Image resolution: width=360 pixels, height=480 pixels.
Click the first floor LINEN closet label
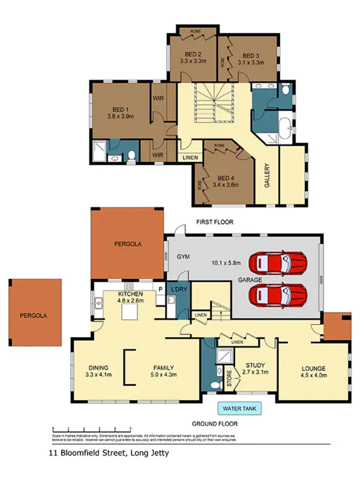point(189,157)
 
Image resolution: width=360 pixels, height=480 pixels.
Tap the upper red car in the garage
point(277,262)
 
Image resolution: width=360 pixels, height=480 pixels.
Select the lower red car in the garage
point(277,292)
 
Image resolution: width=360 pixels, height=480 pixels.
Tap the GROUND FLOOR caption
point(215,424)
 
